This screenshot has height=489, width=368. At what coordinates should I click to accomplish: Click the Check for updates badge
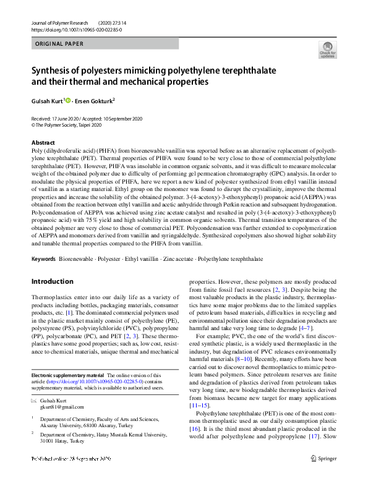pyautogui.click(x=327, y=49)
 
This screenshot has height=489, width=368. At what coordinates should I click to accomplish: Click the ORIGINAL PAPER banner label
pyautogui.click(x=59, y=44)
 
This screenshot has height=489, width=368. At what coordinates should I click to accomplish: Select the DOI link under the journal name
pyautogui.click(x=76, y=30)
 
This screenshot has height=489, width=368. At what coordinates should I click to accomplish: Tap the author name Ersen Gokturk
pyautogui.click(x=95, y=100)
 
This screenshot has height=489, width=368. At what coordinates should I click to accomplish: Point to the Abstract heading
pyautogui.click(x=43, y=143)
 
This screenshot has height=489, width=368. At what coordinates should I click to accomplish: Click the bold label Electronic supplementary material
pyautogui.click(x=67, y=375)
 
